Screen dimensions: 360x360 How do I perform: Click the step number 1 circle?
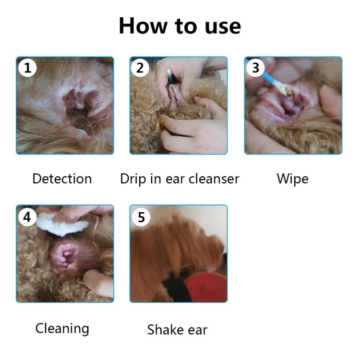27,68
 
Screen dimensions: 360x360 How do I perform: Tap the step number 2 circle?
140,68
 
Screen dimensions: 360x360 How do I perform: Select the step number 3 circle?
255,68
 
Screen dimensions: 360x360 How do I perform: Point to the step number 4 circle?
27,217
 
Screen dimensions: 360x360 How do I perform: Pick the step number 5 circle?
141,217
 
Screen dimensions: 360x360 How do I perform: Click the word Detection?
62,179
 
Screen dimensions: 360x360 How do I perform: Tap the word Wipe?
292,179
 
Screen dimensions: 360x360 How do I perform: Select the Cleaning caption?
62,328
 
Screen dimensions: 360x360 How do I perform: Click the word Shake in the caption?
165,330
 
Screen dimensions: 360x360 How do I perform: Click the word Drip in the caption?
133,179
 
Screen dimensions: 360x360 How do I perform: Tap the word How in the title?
143,26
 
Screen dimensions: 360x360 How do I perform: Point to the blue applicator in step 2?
170,76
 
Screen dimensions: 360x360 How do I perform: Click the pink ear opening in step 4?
65,255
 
